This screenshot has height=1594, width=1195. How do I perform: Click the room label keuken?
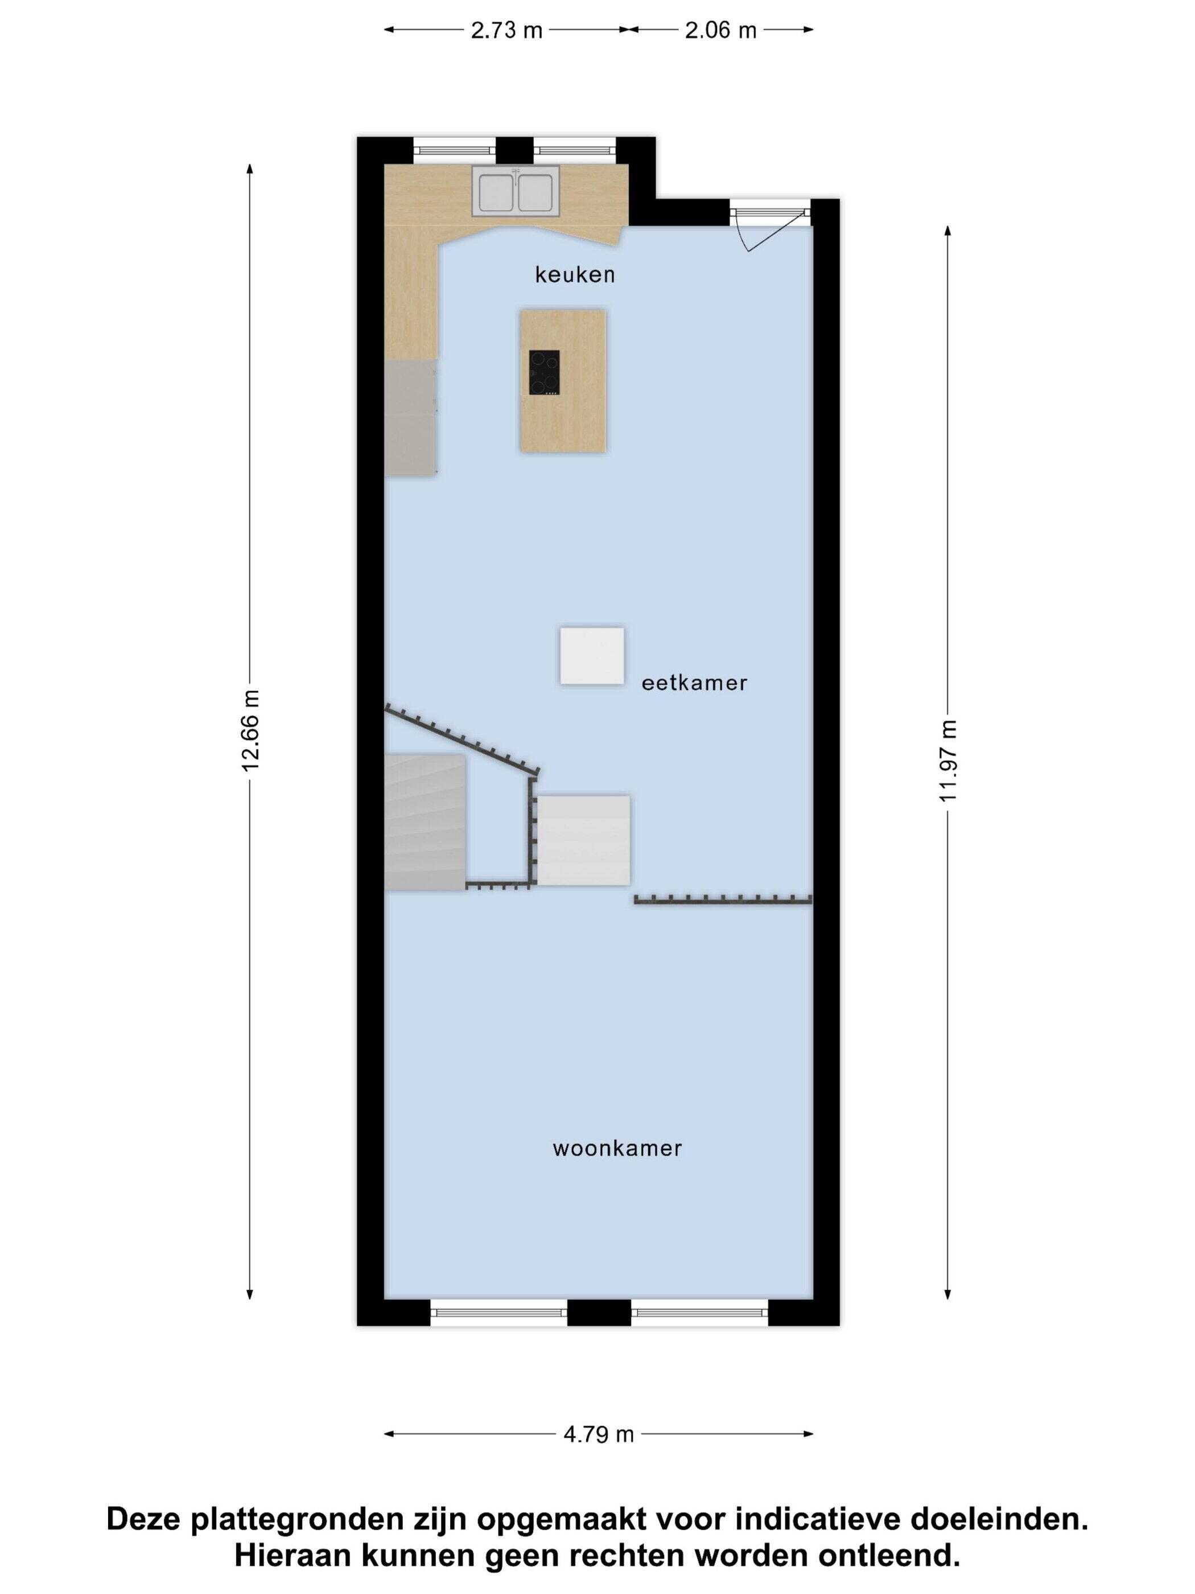[x=574, y=274]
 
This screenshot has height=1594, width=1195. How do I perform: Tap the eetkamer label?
[x=694, y=683]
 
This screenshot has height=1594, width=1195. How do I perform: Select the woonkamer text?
[x=617, y=1148]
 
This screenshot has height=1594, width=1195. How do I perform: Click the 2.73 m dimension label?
[x=506, y=30]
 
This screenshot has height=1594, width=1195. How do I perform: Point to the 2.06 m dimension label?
[x=720, y=30]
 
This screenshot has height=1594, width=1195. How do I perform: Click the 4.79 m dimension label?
[x=599, y=1434]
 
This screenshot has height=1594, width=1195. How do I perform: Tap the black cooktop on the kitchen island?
[x=545, y=372]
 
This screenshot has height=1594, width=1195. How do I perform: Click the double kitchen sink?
[x=516, y=191]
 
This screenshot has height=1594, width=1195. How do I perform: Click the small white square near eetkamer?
[x=592, y=656]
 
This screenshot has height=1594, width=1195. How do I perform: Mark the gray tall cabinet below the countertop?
[x=410, y=417]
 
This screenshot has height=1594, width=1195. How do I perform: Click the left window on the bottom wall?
[x=499, y=1312]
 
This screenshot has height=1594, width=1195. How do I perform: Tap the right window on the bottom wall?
[x=700, y=1312]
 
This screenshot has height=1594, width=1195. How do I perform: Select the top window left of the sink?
[x=455, y=150]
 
